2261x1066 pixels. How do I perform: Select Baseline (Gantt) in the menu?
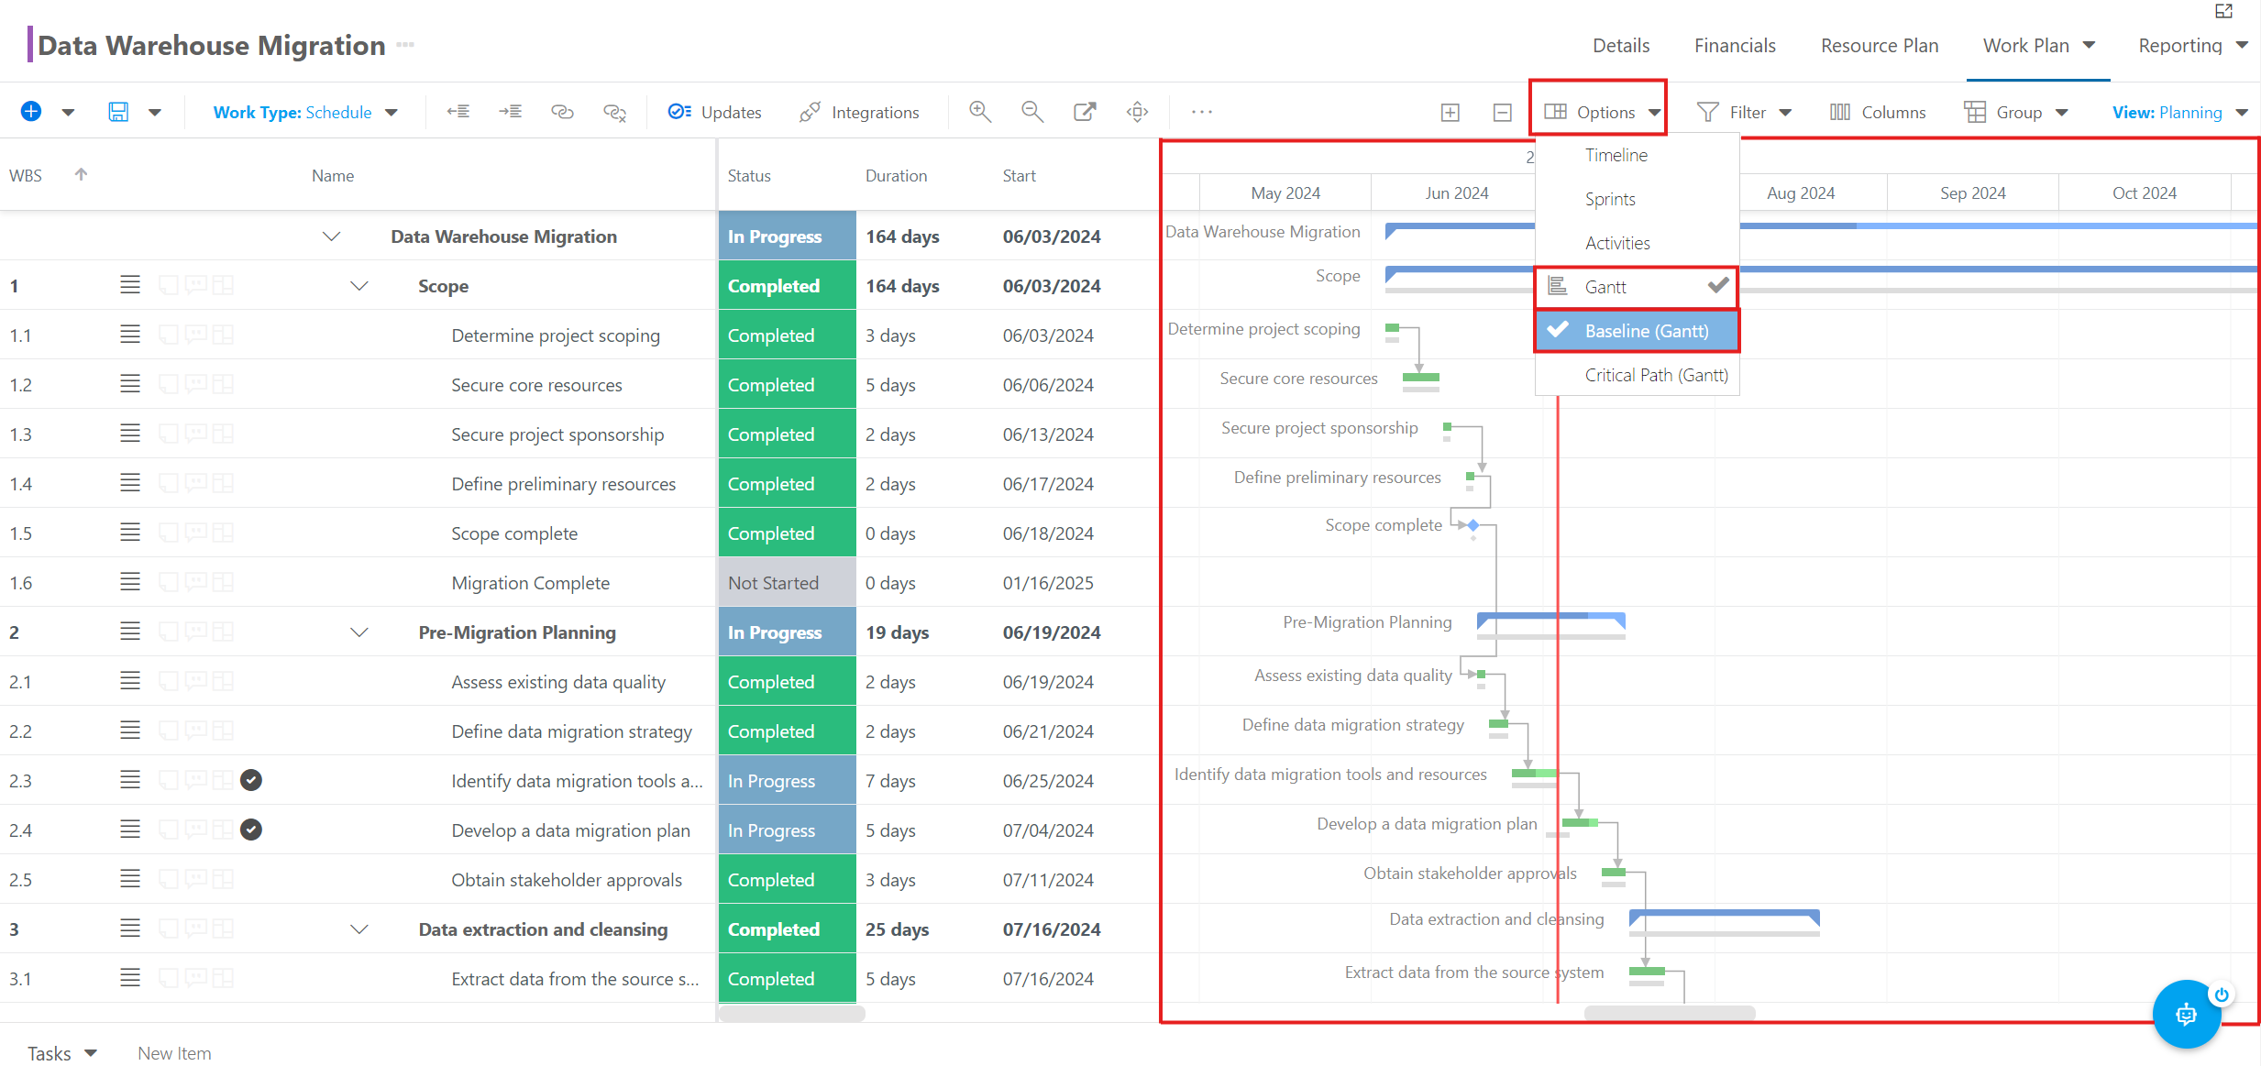point(1637,331)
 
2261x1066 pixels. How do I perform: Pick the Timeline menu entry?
point(1616,155)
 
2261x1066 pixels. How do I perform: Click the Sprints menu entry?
point(1610,199)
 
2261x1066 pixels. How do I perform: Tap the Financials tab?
point(1735,46)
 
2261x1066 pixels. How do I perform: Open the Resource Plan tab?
point(1880,46)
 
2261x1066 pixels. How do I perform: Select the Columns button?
point(1878,112)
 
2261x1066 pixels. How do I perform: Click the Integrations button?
point(859,112)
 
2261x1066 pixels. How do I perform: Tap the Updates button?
point(715,112)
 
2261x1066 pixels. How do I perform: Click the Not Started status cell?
point(787,583)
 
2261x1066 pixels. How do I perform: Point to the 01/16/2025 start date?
point(1048,583)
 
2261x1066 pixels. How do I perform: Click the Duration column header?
point(896,176)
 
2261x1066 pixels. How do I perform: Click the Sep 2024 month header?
point(1972,193)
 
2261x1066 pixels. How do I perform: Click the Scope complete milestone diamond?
point(1472,525)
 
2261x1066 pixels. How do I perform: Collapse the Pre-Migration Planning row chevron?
point(359,632)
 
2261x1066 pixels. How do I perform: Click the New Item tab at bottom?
point(174,1053)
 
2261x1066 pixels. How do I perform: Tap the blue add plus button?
point(31,112)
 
